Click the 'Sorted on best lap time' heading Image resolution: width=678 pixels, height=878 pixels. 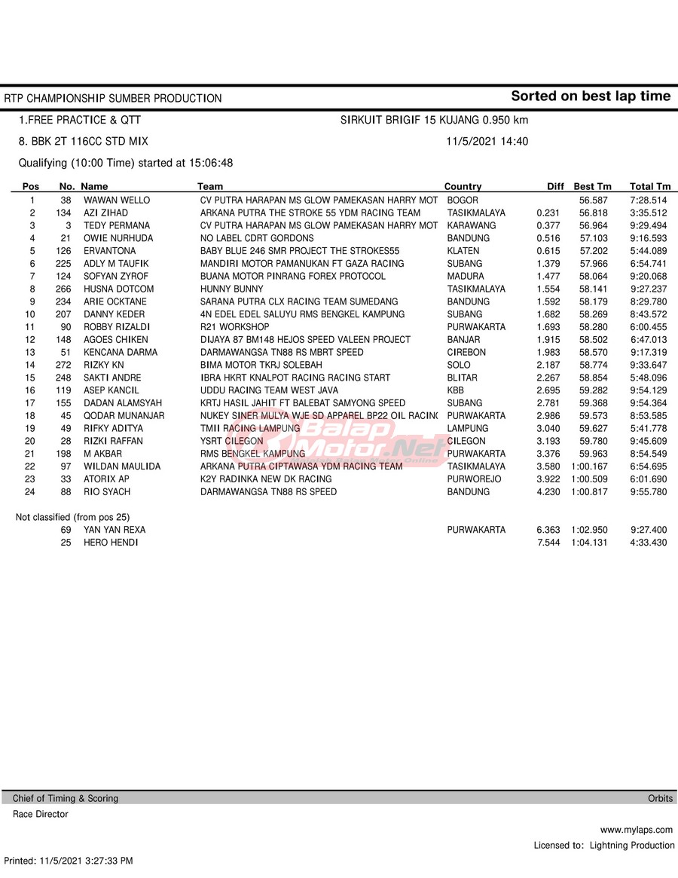[590, 96]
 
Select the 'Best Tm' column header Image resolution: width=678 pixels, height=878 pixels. [592, 187]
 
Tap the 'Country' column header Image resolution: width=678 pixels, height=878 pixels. [463, 187]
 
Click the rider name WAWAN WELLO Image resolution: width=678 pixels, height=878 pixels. [117, 200]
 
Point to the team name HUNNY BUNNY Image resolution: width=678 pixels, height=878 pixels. [232, 289]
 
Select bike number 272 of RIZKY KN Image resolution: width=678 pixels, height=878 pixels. [63, 366]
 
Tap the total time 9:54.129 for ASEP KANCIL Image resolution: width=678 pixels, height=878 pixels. [649, 390]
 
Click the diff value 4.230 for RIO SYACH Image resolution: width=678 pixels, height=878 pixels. [548, 492]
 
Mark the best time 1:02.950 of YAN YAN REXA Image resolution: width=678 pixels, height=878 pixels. [589, 530]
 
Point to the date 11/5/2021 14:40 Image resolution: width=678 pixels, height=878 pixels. [487, 142]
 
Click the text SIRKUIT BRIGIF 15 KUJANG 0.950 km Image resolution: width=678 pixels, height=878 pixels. [434, 120]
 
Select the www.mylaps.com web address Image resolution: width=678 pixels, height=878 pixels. [637, 830]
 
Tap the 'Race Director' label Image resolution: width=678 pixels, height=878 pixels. [40, 814]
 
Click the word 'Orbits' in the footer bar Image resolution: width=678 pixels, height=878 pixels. [660, 798]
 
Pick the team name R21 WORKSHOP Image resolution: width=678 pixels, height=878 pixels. [234, 327]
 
